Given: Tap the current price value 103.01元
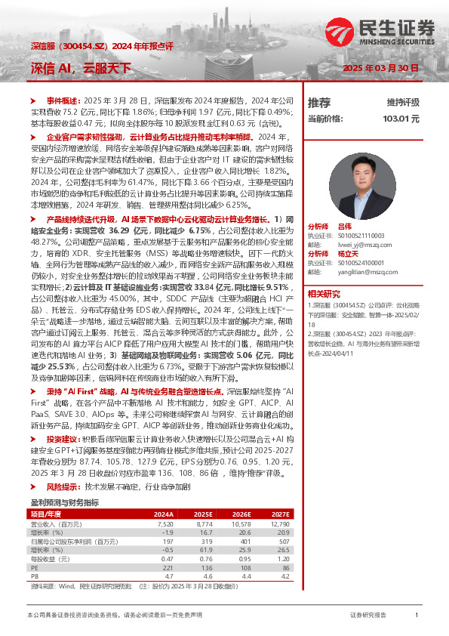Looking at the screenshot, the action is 401,119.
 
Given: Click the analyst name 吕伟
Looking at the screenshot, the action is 345,226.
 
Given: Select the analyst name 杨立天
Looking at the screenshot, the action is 347,254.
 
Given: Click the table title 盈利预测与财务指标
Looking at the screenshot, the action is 64,480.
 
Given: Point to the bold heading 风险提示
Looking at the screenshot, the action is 63,467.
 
